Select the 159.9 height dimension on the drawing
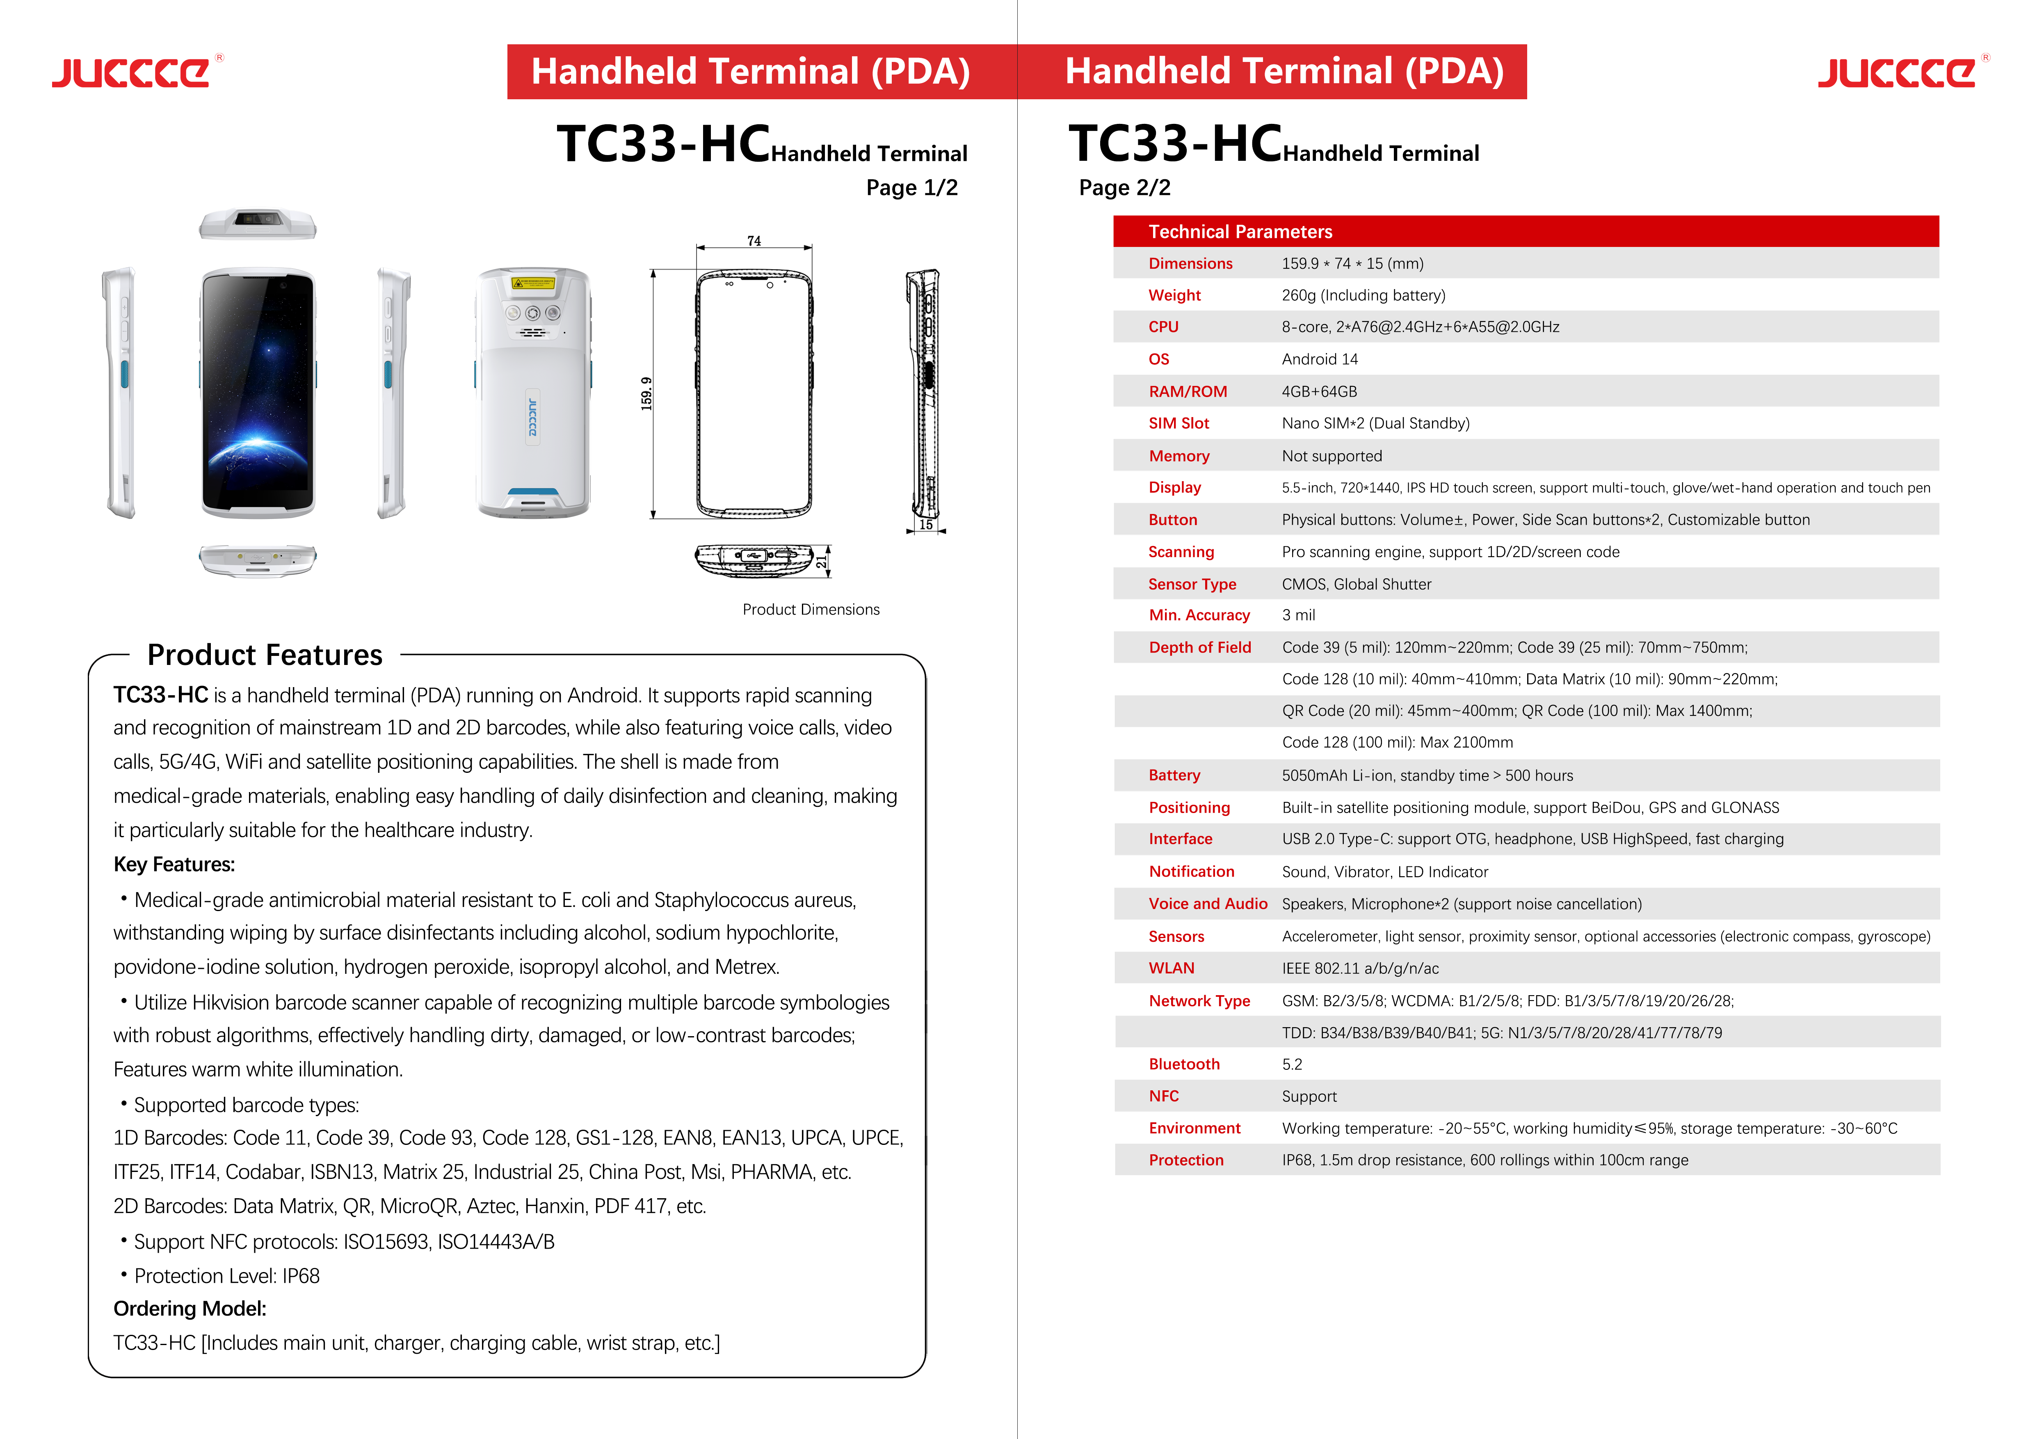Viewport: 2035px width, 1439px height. (646, 393)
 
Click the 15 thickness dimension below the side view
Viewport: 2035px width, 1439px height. (925, 525)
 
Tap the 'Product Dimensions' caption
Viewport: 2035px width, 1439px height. (810, 610)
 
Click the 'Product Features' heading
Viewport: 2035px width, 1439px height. (264, 655)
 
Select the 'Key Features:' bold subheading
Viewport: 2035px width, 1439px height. (174, 865)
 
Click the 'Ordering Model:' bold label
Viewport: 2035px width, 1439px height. (190, 1309)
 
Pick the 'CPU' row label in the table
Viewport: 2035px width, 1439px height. (1163, 327)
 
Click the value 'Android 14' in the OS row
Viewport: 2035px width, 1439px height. (1319, 359)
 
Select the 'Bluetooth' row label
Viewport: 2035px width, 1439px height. (1183, 1064)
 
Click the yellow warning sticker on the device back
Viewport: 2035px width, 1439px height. (533, 283)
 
